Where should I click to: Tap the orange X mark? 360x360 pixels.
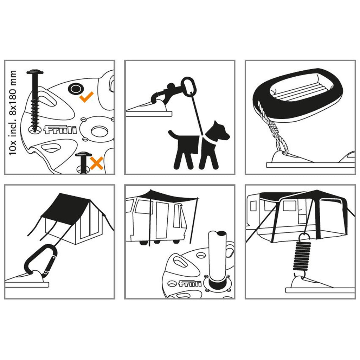[96, 163]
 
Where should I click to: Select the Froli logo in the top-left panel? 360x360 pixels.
[60, 130]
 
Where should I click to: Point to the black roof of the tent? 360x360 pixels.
[66, 205]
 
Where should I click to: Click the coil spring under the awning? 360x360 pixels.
[302, 256]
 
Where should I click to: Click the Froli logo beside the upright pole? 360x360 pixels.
[190, 284]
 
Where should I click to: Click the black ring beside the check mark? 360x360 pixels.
[76, 89]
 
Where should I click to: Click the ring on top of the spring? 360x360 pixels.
[305, 238]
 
